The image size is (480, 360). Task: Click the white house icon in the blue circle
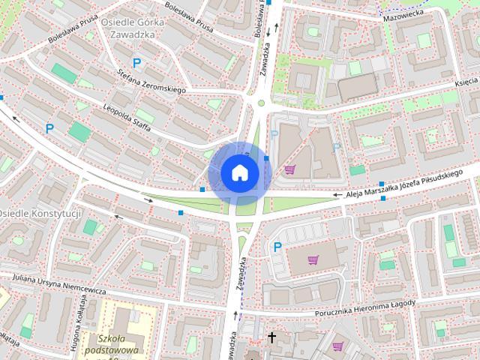(x=239, y=172)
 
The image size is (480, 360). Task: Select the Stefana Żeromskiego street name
(x=151, y=81)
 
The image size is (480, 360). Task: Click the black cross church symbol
(x=271, y=337)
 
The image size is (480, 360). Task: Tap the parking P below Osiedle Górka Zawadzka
(x=136, y=64)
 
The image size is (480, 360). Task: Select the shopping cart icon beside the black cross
(x=337, y=346)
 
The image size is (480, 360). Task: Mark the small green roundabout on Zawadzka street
(x=262, y=103)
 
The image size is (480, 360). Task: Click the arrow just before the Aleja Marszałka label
(x=337, y=196)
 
